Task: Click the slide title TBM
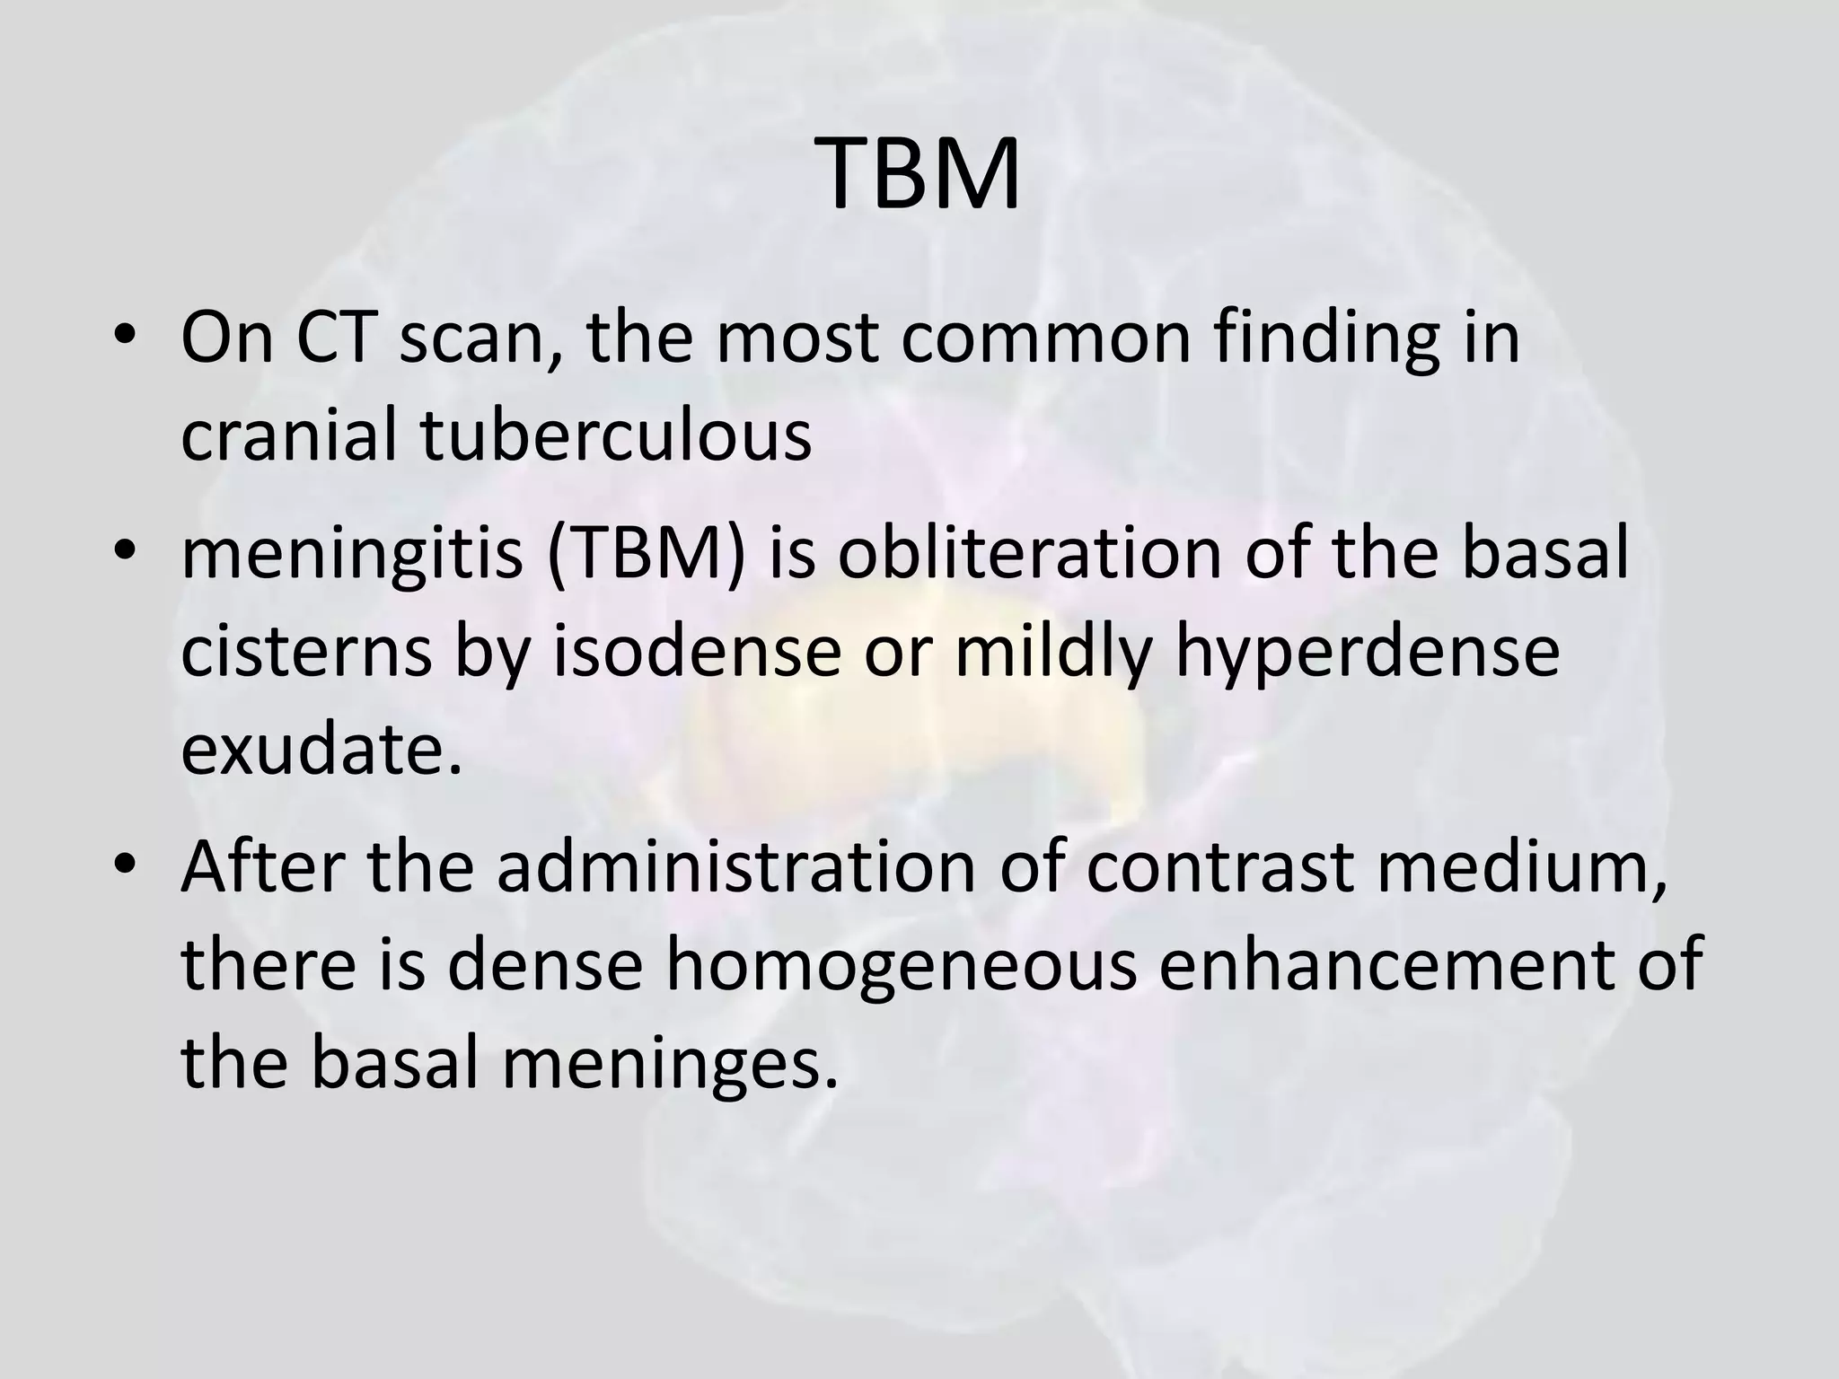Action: (x=919, y=175)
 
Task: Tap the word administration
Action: (x=735, y=867)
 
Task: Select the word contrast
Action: (x=1219, y=867)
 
